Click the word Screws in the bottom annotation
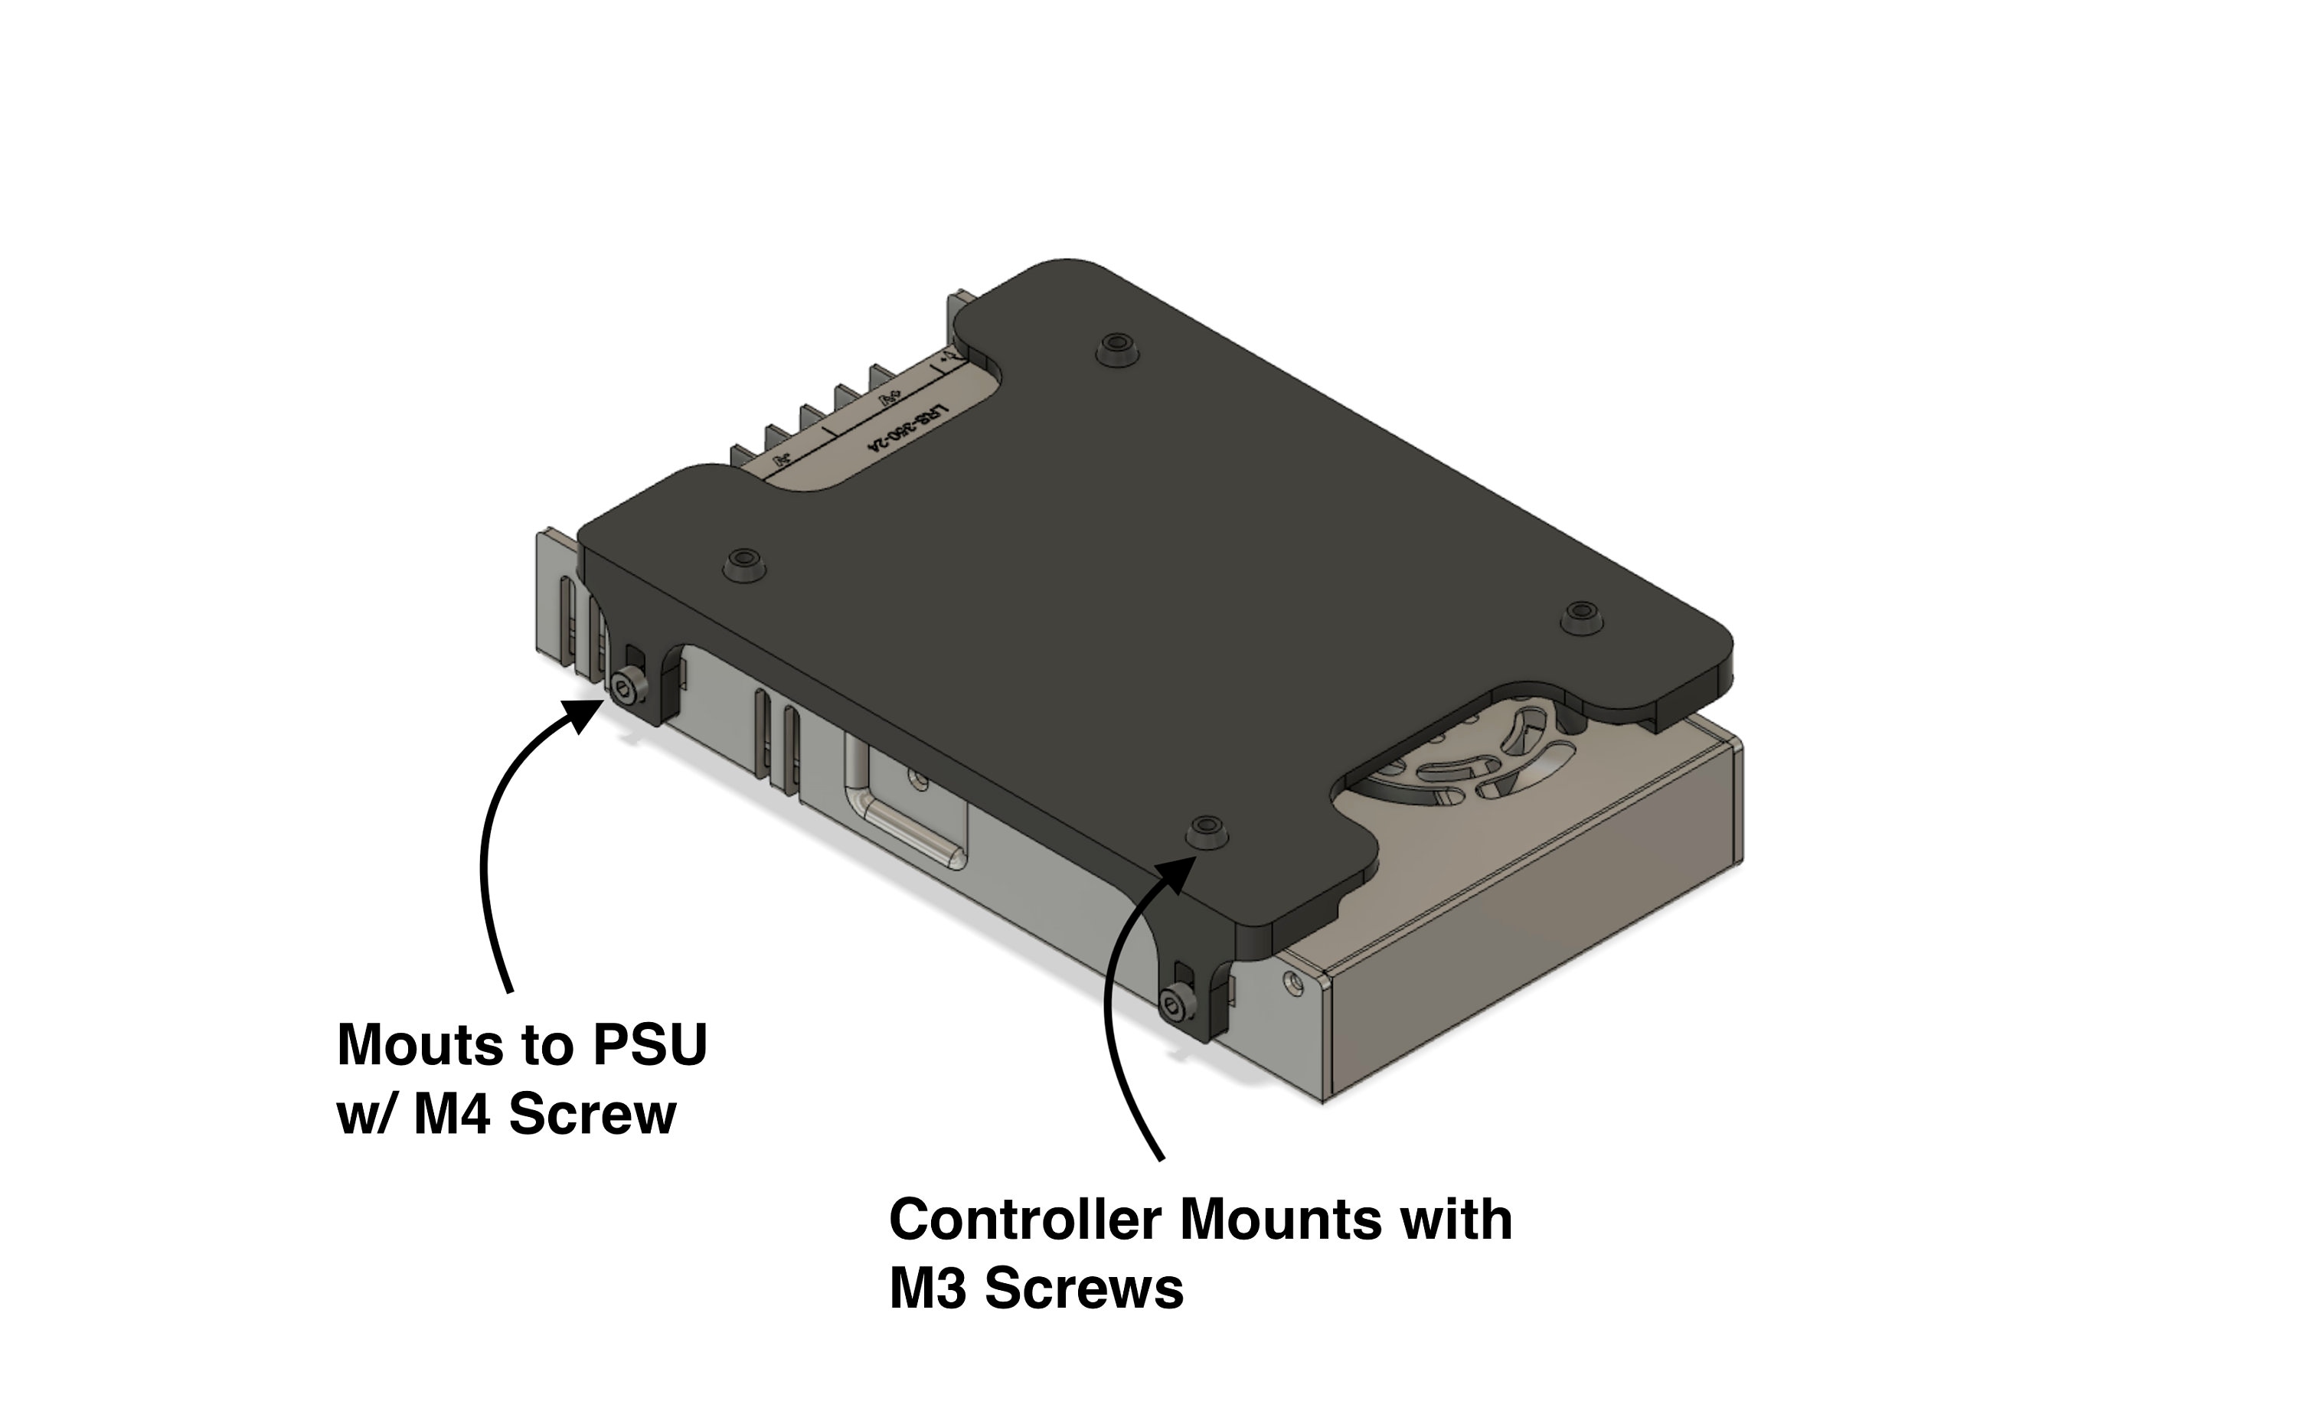pos(1084,1289)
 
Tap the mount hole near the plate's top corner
pos(1116,345)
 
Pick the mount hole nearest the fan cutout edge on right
pos(1580,612)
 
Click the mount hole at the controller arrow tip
pos(1207,827)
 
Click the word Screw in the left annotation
pos(592,1114)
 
